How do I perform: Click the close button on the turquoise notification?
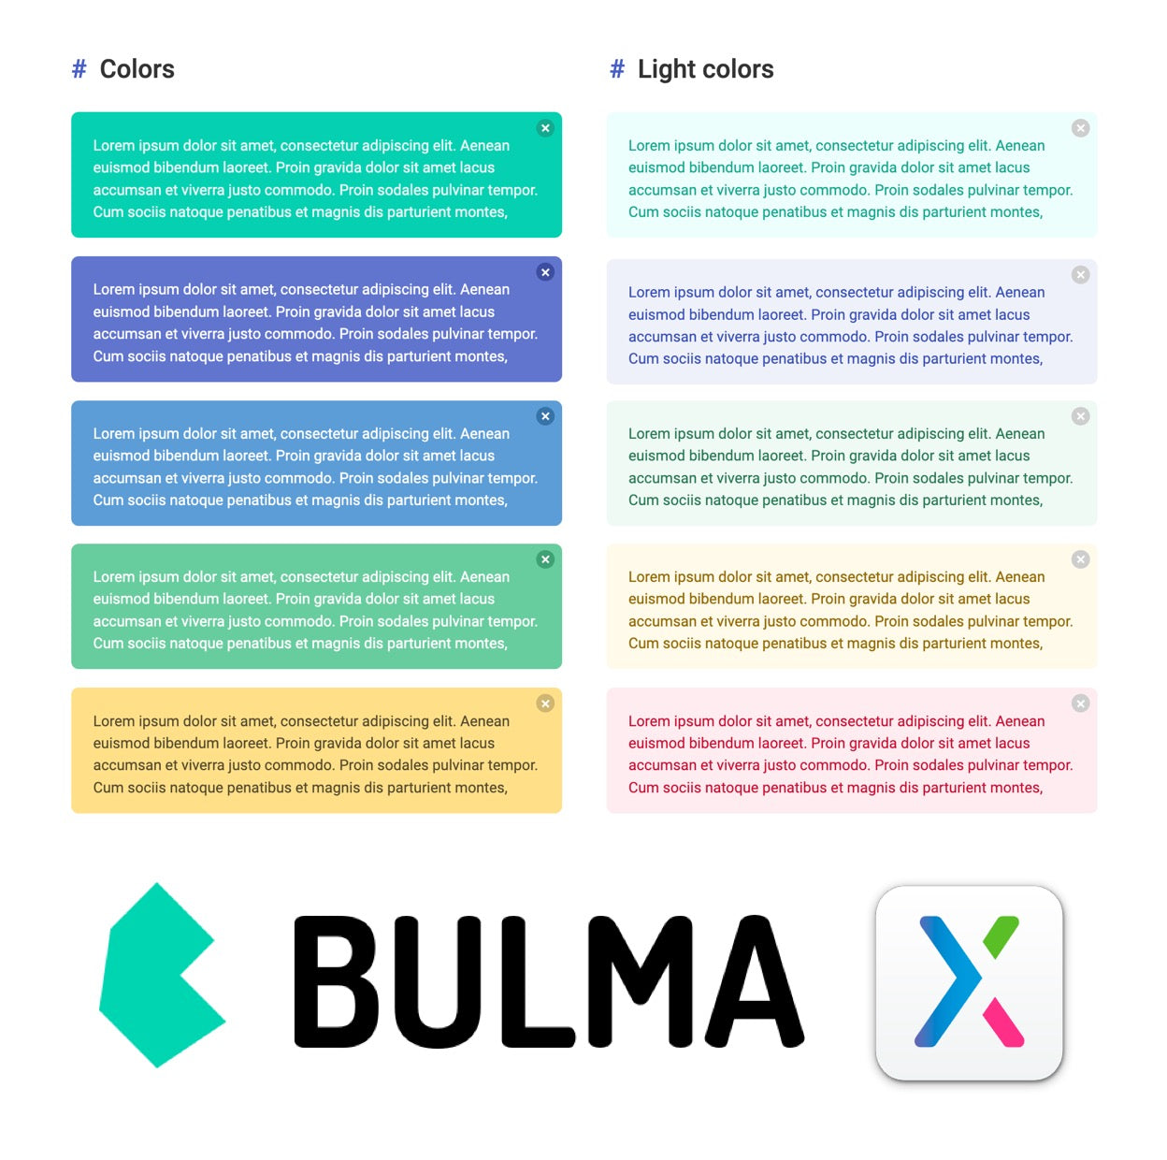(545, 128)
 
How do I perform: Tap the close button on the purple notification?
(545, 272)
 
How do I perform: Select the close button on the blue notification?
(545, 415)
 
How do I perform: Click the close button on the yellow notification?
(545, 703)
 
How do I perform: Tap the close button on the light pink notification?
(1080, 703)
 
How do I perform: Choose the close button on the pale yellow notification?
(1080, 558)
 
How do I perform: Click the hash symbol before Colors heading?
(79, 69)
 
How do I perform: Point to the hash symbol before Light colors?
(616, 69)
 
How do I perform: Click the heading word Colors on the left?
(137, 69)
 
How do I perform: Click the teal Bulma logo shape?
(163, 975)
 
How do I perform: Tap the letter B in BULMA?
(336, 981)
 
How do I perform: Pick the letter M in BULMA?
(640, 981)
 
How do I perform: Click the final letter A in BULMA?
(755, 981)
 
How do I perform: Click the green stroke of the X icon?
(1001, 936)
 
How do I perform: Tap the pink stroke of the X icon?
(1002, 1022)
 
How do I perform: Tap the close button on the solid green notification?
(545, 558)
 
